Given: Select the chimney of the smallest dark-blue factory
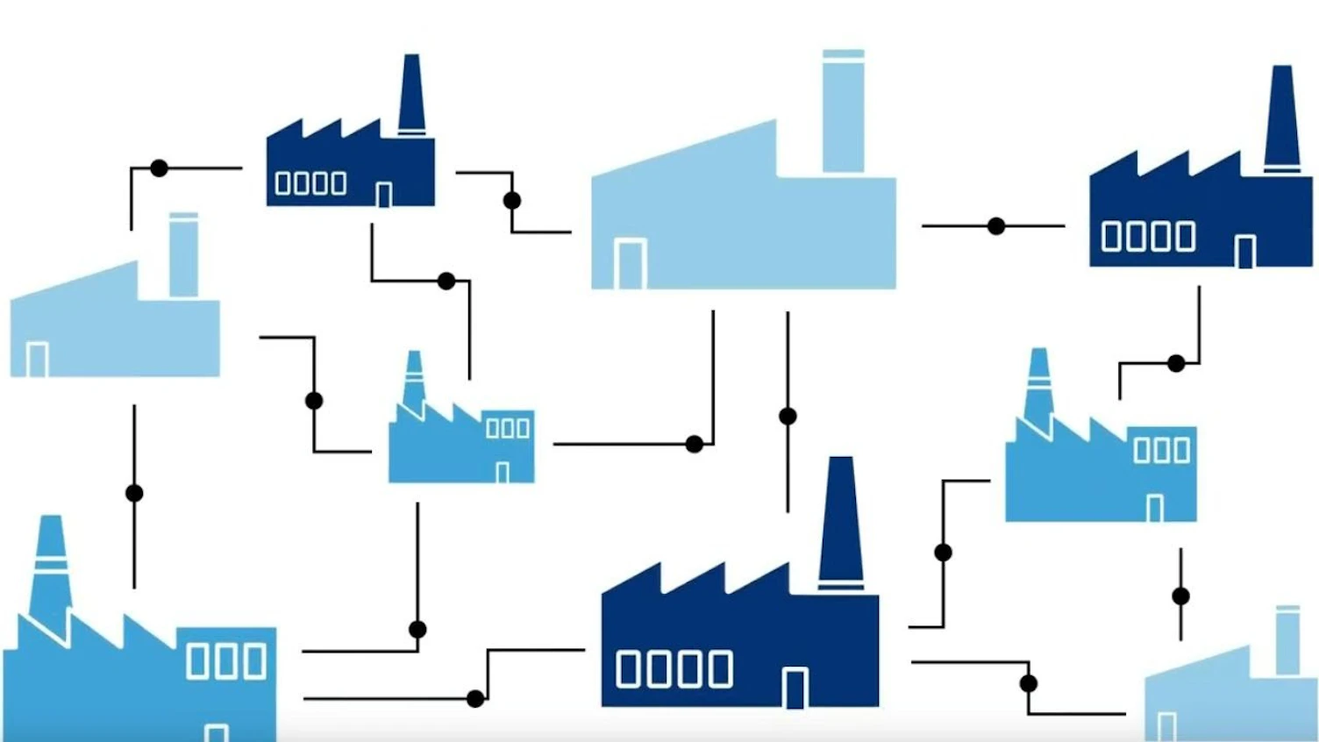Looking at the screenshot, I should click(x=411, y=95).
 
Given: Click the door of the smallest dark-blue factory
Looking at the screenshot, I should click(x=383, y=195).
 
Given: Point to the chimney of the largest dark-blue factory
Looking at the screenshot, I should click(x=840, y=522).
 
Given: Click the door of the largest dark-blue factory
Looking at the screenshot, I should click(x=795, y=688).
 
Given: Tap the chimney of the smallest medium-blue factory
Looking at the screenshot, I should click(x=414, y=379).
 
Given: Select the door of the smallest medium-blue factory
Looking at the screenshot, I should click(x=503, y=473).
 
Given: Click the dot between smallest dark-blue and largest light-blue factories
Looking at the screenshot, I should click(x=512, y=201).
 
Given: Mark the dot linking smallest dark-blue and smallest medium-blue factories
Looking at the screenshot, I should click(x=446, y=282).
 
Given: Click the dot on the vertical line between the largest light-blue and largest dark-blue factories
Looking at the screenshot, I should click(x=788, y=416).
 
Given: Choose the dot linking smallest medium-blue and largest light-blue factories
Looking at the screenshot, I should click(x=695, y=445).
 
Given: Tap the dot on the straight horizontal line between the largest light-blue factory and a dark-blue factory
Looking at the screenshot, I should click(x=996, y=226).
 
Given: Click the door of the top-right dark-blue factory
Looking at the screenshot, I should click(x=1244, y=252).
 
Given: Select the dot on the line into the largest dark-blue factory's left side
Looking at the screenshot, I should click(x=475, y=699).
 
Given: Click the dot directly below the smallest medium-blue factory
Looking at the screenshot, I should click(x=417, y=630).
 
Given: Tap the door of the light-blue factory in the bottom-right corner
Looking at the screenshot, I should click(x=1166, y=727).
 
